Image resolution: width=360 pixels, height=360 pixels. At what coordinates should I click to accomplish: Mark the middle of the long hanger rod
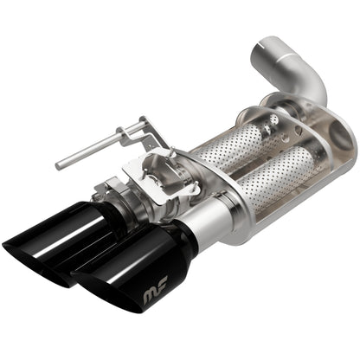point(91,153)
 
